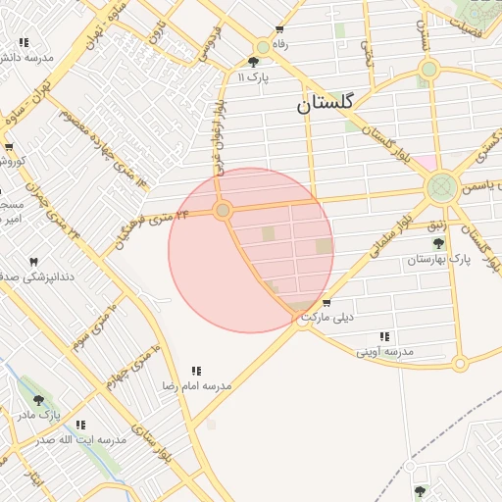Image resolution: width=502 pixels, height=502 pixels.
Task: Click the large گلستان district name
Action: click(x=330, y=103)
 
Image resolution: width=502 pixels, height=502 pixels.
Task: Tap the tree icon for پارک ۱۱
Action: click(x=254, y=62)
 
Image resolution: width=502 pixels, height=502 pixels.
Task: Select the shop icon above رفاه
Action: click(x=279, y=29)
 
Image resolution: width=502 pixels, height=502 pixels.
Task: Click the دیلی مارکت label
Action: click(x=328, y=318)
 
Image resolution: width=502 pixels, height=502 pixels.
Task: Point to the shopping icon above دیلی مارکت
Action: click(x=326, y=302)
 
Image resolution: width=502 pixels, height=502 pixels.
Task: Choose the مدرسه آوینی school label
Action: click(x=384, y=350)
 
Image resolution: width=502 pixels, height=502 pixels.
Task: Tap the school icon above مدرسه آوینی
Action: click(x=384, y=335)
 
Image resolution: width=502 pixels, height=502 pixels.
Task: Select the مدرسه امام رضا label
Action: click(x=197, y=385)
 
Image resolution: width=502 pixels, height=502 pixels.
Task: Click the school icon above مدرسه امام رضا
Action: click(x=196, y=371)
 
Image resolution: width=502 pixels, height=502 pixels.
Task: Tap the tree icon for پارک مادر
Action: click(x=38, y=400)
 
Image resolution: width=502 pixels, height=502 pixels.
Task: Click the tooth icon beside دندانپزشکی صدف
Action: click(x=34, y=262)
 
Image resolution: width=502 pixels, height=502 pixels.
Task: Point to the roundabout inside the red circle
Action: click(x=224, y=211)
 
